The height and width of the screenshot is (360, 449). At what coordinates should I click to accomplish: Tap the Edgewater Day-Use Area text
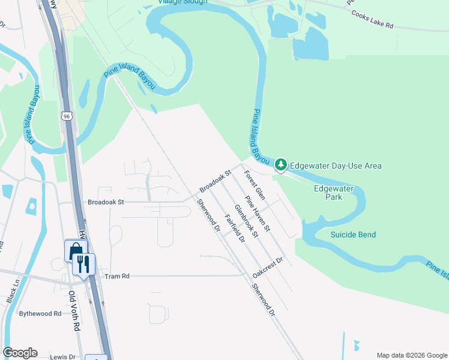(336, 166)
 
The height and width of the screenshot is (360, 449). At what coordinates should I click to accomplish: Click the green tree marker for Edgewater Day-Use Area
(280, 164)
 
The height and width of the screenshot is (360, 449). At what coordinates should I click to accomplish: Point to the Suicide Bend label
(353, 235)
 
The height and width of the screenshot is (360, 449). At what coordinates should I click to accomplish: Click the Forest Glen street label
(255, 185)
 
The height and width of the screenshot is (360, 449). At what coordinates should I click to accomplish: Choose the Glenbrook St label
(246, 221)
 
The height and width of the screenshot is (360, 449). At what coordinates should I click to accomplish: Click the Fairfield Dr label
(235, 229)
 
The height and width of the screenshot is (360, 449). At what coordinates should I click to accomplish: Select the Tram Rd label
(117, 277)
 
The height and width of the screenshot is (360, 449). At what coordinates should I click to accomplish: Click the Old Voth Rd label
(73, 311)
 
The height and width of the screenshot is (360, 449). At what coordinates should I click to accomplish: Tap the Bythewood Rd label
(40, 313)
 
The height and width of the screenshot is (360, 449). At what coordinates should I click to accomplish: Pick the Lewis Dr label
(63, 356)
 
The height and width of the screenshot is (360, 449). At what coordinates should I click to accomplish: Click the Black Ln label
(13, 290)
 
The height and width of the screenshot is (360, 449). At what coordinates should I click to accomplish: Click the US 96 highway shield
(66, 115)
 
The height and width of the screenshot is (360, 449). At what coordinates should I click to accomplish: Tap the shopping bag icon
(76, 250)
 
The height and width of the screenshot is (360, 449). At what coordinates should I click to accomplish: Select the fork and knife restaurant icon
(83, 263)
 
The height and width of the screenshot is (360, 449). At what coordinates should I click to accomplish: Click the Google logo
(20, 353)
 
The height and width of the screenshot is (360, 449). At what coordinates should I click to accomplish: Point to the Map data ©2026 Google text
(411, 355)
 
